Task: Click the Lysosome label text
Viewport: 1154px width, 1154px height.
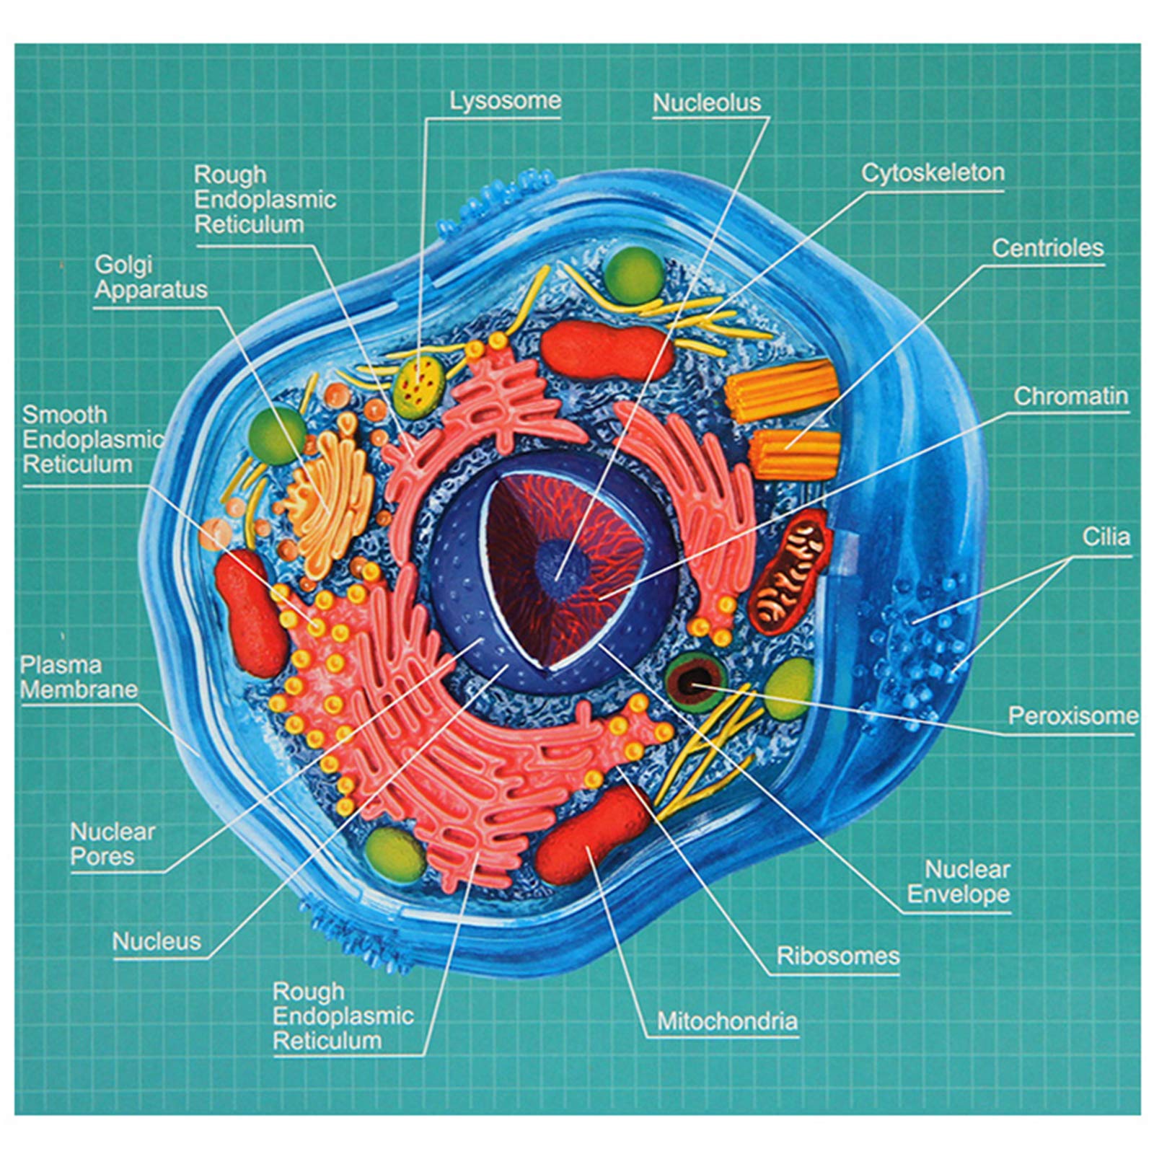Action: (505, 101)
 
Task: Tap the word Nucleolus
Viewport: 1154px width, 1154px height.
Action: (707, 103)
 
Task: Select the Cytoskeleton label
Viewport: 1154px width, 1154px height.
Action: (933, 173)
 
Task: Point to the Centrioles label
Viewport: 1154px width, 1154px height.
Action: (1047, 248)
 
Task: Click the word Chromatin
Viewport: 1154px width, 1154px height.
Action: (1070, 396)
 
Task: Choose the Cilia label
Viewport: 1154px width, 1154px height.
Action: (1106, 537)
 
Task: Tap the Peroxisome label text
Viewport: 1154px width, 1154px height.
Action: (1072, 716)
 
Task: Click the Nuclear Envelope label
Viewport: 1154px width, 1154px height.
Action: (959, 882)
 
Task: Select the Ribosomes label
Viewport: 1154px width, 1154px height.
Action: (837, 956)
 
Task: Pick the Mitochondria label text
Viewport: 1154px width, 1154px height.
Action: (727, 1021)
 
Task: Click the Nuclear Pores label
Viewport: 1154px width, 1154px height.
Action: (113, 845)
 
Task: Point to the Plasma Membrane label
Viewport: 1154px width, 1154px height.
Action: (79, 677)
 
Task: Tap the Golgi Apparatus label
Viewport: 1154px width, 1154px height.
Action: (151, 278)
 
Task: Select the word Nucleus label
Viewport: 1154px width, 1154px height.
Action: (157, 941)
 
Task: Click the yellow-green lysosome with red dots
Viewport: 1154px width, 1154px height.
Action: (419, 387)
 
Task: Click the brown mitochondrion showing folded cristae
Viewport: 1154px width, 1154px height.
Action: (790, 572)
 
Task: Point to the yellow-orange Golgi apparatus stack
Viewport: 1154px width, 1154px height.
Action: (328, 498)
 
